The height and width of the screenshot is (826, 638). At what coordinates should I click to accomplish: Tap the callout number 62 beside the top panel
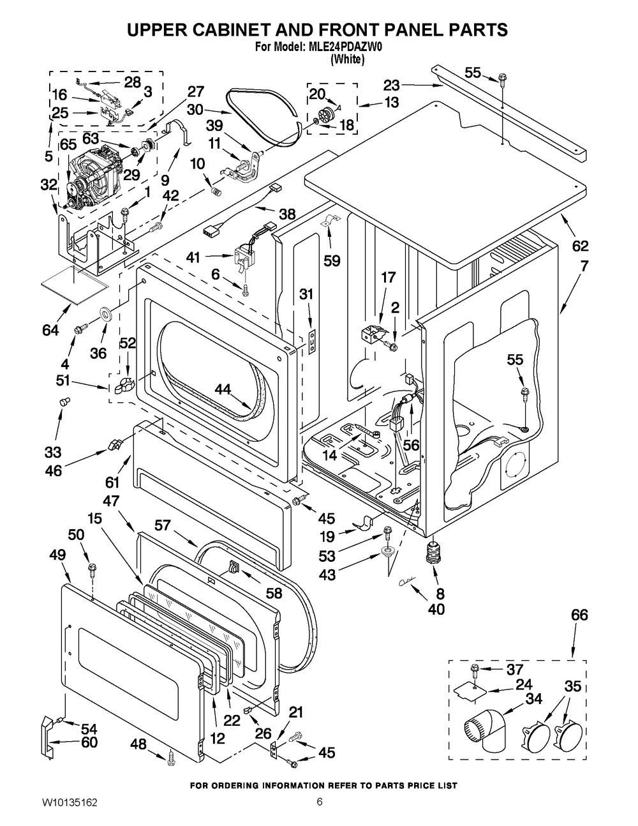[580, 246]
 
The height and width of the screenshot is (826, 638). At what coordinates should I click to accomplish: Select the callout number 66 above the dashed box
[579, 615]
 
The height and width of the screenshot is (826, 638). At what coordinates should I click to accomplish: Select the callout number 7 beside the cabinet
[584, 264]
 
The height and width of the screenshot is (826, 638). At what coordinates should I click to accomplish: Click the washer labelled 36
[104, 315]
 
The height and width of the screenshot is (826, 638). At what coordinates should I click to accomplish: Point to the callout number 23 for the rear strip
[391, 84]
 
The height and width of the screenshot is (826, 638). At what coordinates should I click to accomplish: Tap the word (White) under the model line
[348, 59]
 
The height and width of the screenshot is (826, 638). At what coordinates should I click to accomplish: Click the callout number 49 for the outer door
[57, 557]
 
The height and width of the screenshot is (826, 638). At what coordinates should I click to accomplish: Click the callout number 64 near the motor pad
[50, 330]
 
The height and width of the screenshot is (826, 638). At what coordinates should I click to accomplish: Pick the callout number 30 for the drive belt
[195, 109]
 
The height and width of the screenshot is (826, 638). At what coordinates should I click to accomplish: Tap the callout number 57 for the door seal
[164, 525]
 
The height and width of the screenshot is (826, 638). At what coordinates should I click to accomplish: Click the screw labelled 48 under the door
[171, 758]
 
